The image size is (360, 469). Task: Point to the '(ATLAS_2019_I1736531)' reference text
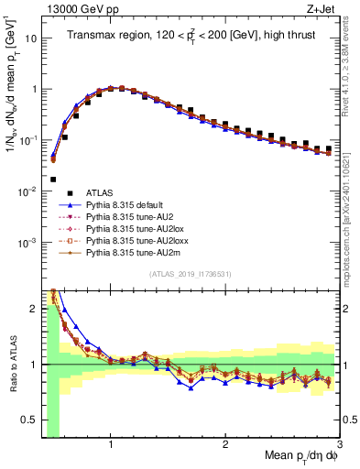pyautogui.click(x=191, y=274)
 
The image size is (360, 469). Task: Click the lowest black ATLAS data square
pyautogui.click(x=53, y=180)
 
